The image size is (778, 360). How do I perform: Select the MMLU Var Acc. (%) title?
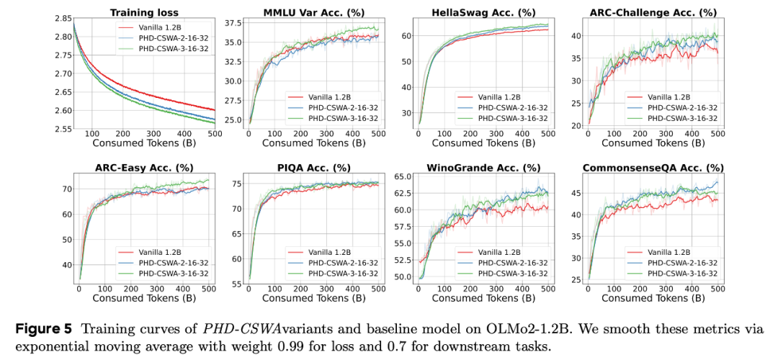pyautogui.click(x=310, y=12)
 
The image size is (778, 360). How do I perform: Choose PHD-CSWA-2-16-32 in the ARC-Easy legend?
pyautogui.click(x=164, y=263)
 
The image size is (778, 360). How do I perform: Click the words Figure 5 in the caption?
pyautogui.click(x=43, y=329)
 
